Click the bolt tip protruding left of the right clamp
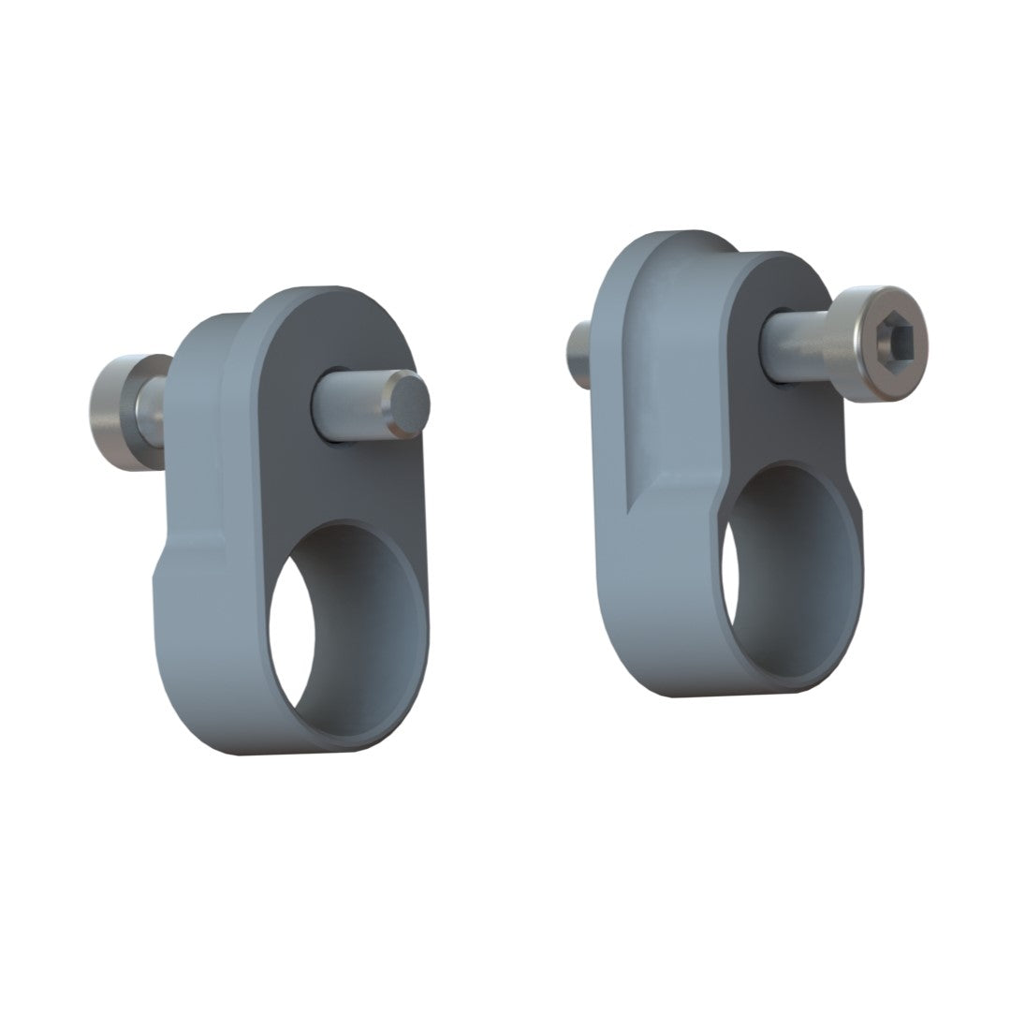click(579, 356)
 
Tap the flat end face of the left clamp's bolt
click(409, 403)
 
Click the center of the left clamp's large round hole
click(344, 628)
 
